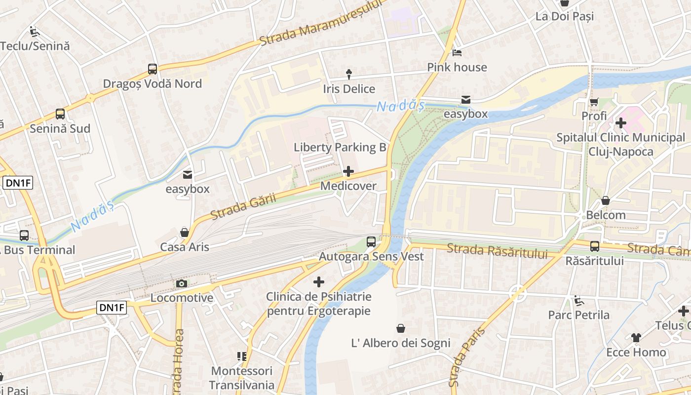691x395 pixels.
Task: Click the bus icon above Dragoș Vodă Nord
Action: [x=153, y=69]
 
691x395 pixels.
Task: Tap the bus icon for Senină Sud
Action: [x=60, y=114]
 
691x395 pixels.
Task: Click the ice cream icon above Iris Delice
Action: [x=349, y=75]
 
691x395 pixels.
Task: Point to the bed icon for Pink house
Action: [x=457, y=53]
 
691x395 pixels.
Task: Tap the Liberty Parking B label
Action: [x=340, y=147]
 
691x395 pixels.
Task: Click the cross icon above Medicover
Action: [x=348, y=172]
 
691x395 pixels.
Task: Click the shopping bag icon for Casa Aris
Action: [x=185, y=233]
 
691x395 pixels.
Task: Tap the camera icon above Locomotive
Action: [x=182, y=283]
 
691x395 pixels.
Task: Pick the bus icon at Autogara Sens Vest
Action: [x=371, y=242]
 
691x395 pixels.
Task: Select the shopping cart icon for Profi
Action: [x=594, y=102]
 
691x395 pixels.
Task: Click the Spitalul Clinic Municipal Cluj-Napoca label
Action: [x=620, y=144]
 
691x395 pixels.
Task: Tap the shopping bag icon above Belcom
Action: [x=606, y=201]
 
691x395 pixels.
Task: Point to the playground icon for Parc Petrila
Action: [x=578, y=300]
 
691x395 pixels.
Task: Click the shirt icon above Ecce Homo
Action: [x=636, y=338]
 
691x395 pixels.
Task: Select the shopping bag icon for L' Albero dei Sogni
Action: [x=401, y=328]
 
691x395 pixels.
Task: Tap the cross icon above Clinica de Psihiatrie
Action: [x=319, y=282]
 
